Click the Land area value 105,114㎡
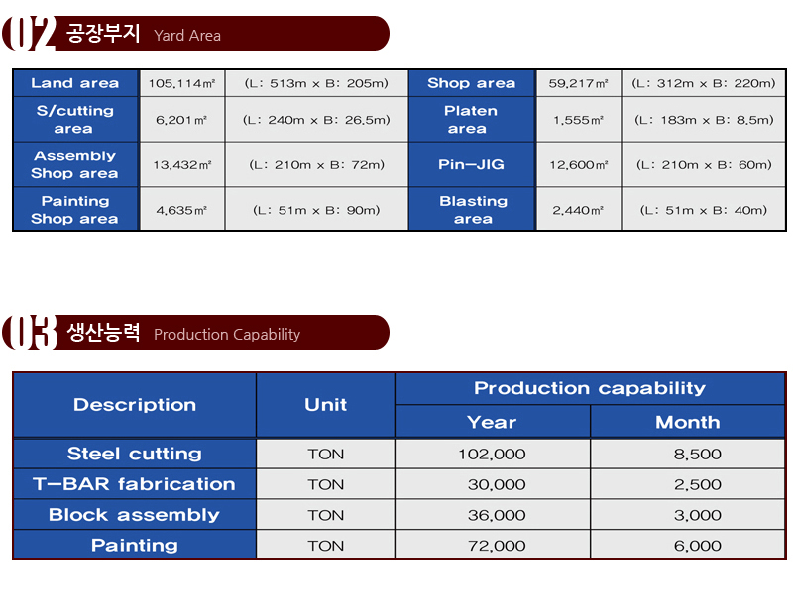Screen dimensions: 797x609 (181, 83)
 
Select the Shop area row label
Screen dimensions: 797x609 (471, 83)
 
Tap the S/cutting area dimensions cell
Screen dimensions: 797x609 (316, 120)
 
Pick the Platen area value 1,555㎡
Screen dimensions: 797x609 (579, 120)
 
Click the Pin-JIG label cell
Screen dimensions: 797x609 (471, 164)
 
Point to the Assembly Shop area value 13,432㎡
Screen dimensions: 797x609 (182, 165)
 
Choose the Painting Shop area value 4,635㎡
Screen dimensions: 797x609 (181, 210)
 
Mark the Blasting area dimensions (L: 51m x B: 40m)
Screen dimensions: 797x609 (704, 210)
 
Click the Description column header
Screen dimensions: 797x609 (135, 405)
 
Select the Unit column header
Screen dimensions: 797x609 (325, 405)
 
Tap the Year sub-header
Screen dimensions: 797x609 (492, 422)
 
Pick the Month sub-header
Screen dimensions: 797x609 (687, 422)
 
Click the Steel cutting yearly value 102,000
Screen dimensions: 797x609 (492, 455)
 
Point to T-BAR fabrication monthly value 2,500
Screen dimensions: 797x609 (698, 484)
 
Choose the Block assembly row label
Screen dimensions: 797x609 (134, 515)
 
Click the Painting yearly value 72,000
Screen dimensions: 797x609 (497, 546)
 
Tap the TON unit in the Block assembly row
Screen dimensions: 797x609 (325, 515)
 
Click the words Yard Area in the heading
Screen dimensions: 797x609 (187, 35)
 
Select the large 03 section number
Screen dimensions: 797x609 (29, 332)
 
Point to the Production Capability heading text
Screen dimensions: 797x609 (227, 335)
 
